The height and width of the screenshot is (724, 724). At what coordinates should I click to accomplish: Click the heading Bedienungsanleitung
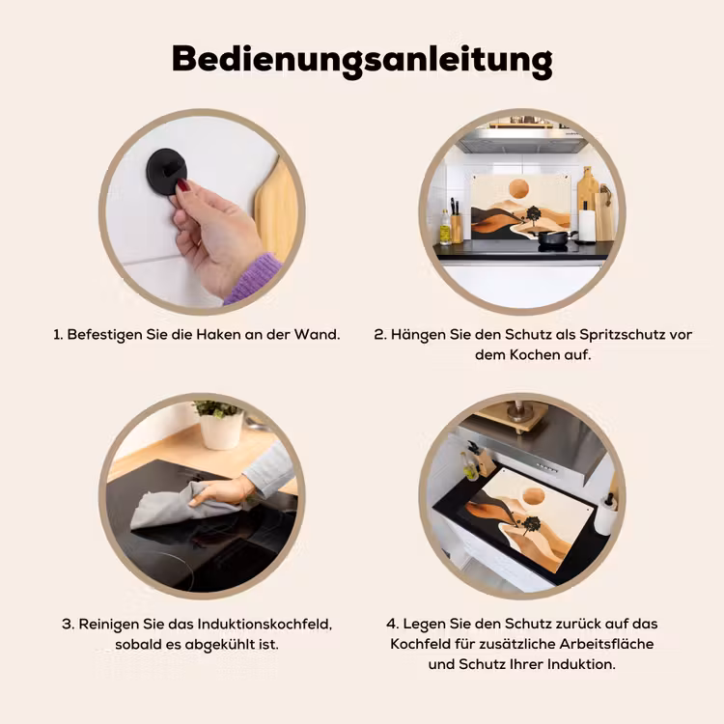tap(362, 61)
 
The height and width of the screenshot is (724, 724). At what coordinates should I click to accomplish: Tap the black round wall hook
tap(167, 172)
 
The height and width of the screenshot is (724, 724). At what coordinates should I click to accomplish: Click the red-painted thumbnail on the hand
tap(183, 186)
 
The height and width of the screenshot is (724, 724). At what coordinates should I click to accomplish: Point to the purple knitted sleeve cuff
tap(252, 278)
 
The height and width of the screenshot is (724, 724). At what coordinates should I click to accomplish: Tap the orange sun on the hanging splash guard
tap(518, 190)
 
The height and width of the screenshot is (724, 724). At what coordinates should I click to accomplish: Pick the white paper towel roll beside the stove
tap(587, 225)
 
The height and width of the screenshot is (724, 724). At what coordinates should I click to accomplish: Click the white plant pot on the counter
tap(221, 431)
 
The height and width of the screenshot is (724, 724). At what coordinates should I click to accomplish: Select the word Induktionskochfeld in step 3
tap(265, 625)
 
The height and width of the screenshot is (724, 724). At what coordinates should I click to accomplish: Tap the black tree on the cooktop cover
tap(530, 525)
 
